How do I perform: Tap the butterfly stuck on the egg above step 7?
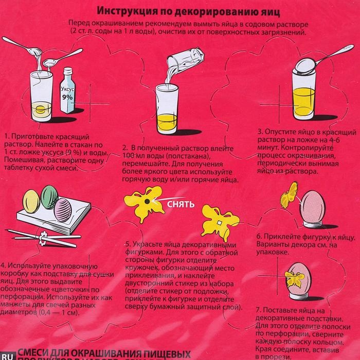[x=296, y=280]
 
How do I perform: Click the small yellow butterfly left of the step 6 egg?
[x=289, y=195]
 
